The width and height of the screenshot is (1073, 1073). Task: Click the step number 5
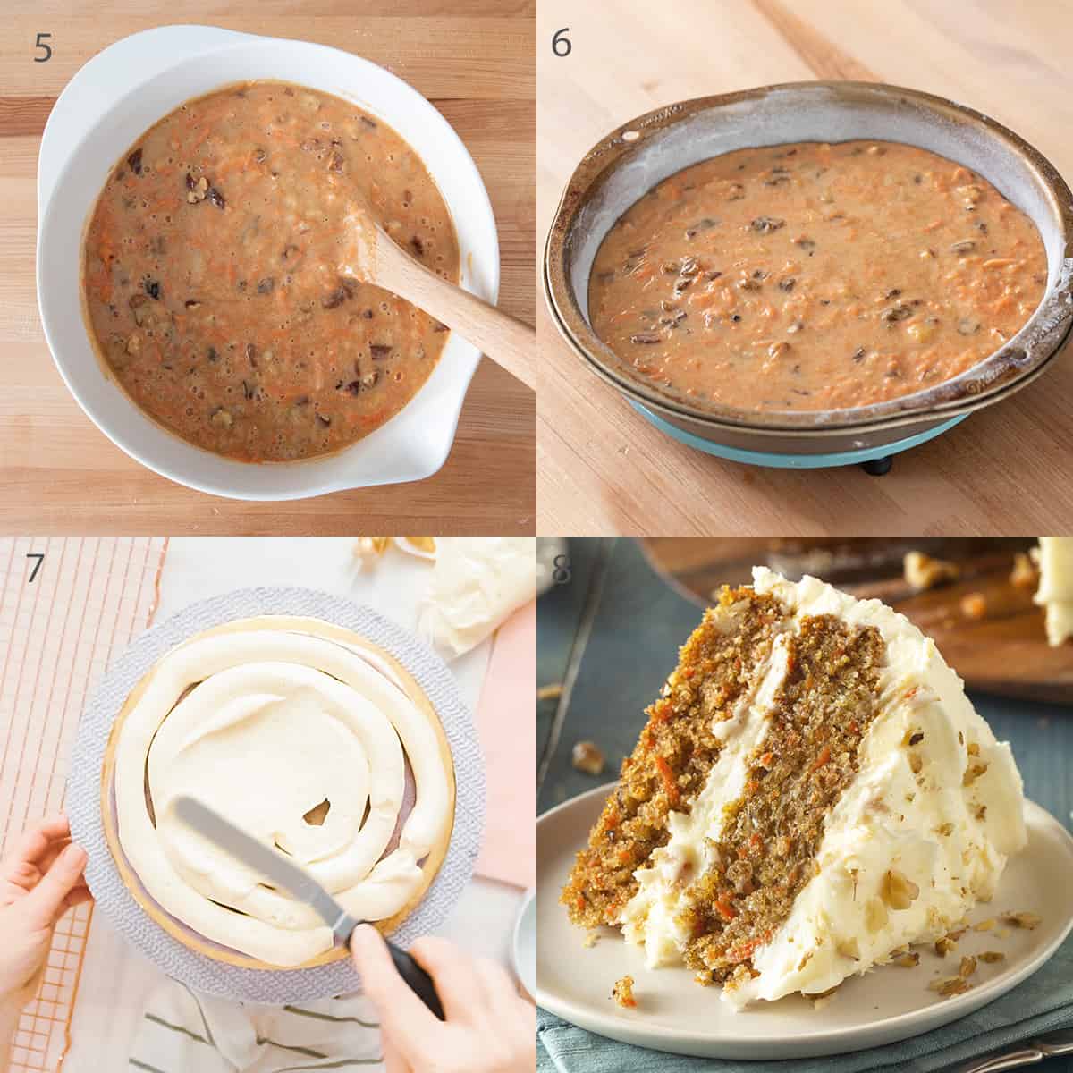pyautogui.click(x=43, y=47)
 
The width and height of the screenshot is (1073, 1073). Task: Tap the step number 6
pyautogui.click(x=561, y=43)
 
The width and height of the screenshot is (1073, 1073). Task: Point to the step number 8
pyautogui.click(x=562, y=571)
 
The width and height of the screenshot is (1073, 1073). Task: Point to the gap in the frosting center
pyautogui.click(x=316, y=812)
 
